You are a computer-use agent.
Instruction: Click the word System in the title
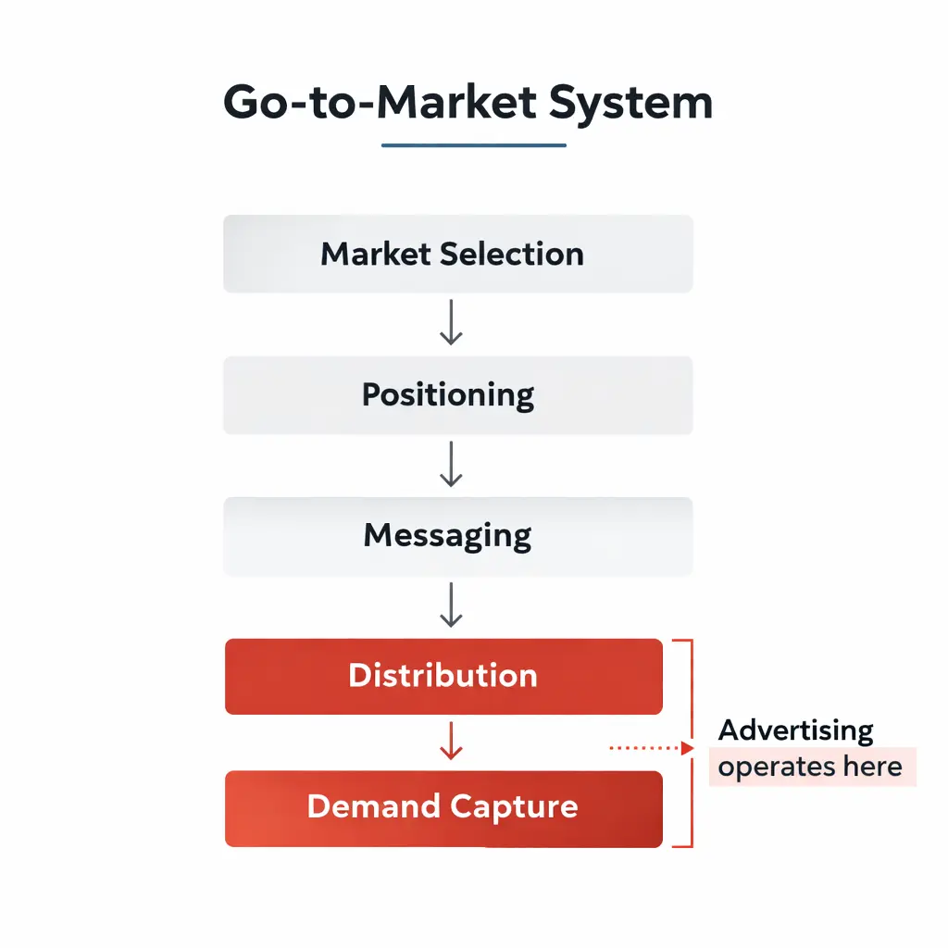pos(630,104)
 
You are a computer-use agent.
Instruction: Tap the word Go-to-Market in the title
pos(380,103)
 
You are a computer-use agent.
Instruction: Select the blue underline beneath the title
pos(473,145)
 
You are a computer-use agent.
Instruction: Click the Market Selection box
pos(457,254)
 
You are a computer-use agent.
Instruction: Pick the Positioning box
pos(457,395)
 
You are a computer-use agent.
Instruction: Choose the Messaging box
pos(457,536)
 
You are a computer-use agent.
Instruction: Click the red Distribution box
pos(443,676)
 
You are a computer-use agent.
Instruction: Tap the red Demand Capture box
pos(443,807)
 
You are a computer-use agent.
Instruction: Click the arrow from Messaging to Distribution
pos(451,606)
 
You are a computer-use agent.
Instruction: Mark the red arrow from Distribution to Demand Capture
pos(451,742)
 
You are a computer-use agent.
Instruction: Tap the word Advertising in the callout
pos(796,730)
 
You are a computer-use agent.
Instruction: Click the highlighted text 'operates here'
pos(810,767)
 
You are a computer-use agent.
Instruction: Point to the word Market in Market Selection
pos(376,254)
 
